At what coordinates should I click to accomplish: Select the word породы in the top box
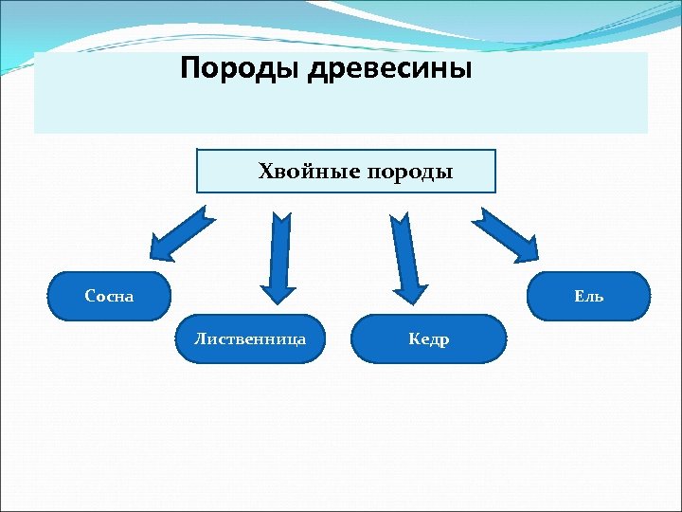pos(409,173)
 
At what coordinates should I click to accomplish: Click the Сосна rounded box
pos(110,296)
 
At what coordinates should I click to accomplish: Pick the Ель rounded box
pos(588,296)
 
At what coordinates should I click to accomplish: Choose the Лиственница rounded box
pos(250,338)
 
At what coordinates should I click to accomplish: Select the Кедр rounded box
pos(428,338)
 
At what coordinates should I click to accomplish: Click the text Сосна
pos(110,296)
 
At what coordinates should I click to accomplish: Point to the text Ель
pos(588,296)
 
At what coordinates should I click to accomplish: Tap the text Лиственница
pos(250,338)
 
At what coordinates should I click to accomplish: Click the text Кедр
pos(428,338)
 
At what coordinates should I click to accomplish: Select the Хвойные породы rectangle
pos(346,172)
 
